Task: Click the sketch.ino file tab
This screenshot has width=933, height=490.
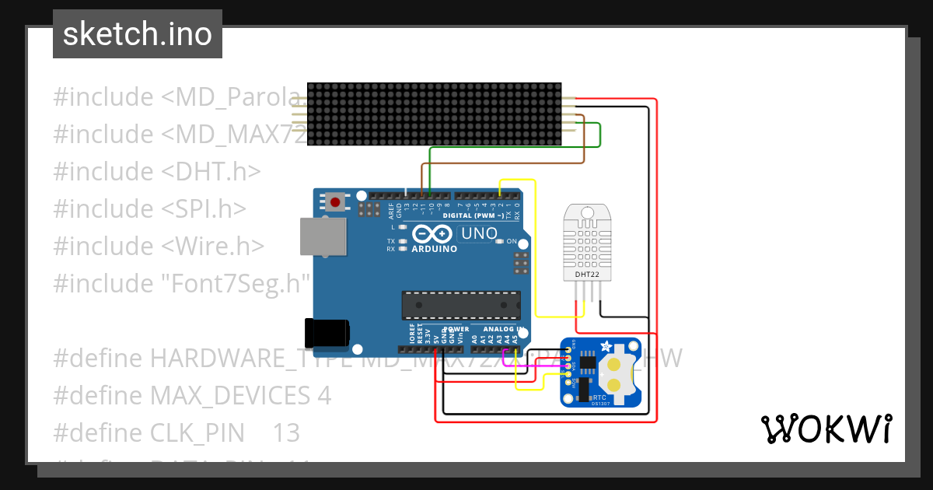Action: click(138, 34)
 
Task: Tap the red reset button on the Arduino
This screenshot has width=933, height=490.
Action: click(335, 202)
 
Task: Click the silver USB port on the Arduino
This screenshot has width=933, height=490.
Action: click(323, 236)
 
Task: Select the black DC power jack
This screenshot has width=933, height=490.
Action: click(327, 332)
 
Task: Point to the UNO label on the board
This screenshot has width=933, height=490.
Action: click(479, 233)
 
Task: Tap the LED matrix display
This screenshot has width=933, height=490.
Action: click(435, 114)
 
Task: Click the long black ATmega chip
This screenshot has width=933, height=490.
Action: click(461, 305)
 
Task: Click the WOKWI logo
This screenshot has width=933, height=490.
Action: click(826, 429)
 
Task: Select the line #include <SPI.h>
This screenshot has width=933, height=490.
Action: click(150, 208)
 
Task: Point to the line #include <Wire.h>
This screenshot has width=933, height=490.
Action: click(159, 246)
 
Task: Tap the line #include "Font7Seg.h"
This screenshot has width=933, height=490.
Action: click(182, 283)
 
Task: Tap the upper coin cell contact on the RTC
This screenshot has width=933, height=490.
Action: click(615, 364)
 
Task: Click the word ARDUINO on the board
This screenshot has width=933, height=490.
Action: click(435, 249)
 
